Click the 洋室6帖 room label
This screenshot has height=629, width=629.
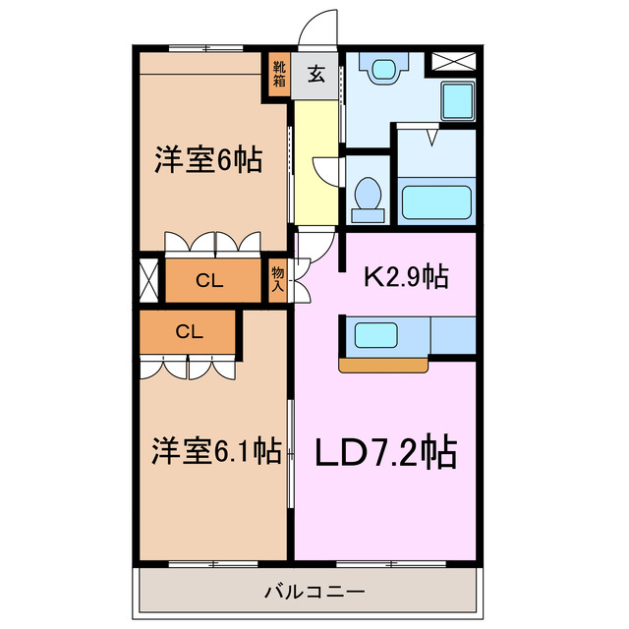pyautogui.click(x=207, y=160)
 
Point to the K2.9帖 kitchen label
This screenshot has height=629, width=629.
pyautogui.click(x=407, y=277)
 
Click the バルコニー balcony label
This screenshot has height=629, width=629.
pyautogui.click(x=314, y=593)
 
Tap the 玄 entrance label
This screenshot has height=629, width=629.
pyautogui.click(x=316, y=74)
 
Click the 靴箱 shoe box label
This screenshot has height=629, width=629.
pyautogui.click(x=280, y=73)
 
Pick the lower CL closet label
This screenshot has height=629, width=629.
pyautogui.click(x=188, y=331)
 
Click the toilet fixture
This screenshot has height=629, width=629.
pyautogui.click(x=370, y=194)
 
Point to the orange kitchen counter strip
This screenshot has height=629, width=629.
pyautogui.click(x=383, y=366)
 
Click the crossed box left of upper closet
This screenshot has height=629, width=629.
pyautogui.click(x=148, y=279)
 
